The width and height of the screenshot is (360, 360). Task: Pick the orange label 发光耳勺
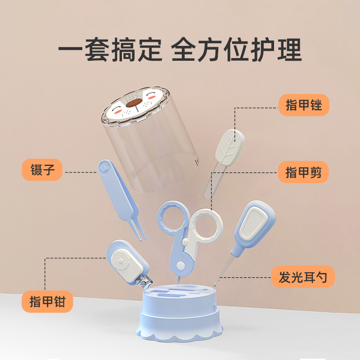click(x=303, y=276)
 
